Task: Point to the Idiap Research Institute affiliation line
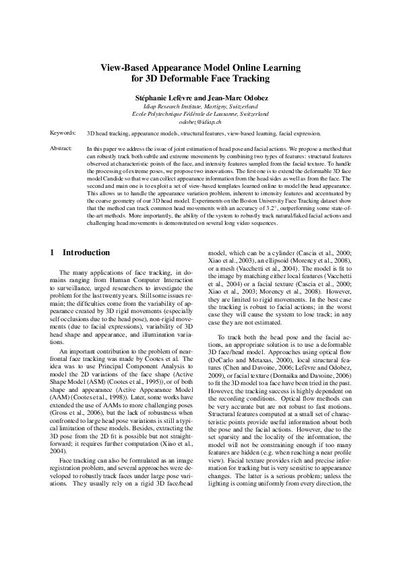200,106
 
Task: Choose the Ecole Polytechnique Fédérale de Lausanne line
200,114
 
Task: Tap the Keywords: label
63,134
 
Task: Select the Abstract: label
62,147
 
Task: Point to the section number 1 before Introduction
53,234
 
